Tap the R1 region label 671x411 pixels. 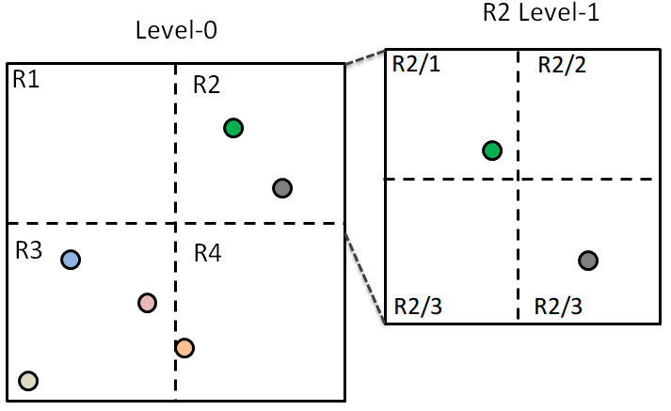pyautogui.click(x=26, y=80)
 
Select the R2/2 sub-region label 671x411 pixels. pyautogui.click(x=561, y=65)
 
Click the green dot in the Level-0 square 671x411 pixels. pyautogui.click(x=233, y=128)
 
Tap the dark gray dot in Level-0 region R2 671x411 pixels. pyautogui.click(x=281, y=188)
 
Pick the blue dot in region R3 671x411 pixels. pyautogui.click(x=71, y=260)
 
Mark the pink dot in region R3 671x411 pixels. pyautogui.click(x=147, y=303)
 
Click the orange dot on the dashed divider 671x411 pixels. pyautogui.click(x=184, y=348)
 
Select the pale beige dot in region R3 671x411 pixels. pyautogui.click(x=28, y=380)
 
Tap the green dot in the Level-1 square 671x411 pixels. pyautogui.click(x=491, y=150)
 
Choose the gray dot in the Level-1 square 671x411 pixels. pyautogui.click(x=588, y=261)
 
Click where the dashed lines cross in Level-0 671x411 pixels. pyautogui.click(x=176, y=223)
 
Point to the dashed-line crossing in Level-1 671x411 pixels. pyautogui.click(x=519, y=179)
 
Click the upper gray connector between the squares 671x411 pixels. pyautogui.click(x=365, y=56)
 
